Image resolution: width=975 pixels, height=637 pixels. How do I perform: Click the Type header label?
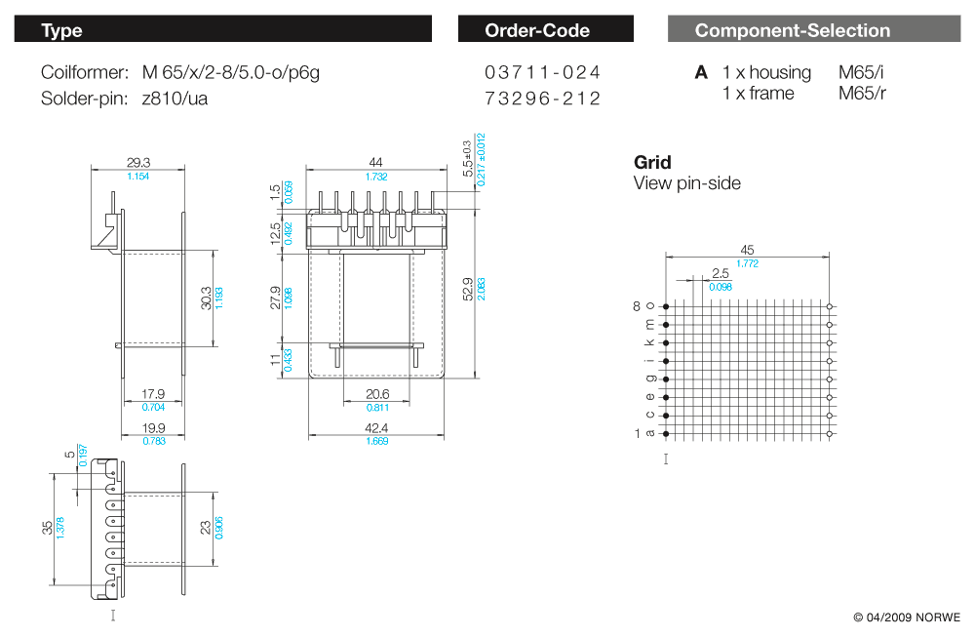61,30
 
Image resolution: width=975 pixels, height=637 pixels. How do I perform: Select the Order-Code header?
537,30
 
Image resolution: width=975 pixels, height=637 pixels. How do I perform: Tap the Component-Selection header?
792,30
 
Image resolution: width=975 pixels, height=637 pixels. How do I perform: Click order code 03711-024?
542,72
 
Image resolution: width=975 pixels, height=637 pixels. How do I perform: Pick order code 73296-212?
542,99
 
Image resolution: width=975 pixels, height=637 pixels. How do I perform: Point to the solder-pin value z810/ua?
175,99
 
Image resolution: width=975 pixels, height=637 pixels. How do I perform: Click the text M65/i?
861,72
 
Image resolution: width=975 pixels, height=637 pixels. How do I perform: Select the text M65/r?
862,94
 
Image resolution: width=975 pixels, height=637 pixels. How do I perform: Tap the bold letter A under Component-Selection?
701,73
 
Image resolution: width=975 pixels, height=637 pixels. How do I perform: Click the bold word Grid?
652,162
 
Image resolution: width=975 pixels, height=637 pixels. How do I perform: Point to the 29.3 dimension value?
138,163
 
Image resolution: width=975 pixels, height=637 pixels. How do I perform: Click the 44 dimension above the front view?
375,163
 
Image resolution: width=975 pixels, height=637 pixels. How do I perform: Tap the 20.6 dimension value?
376,395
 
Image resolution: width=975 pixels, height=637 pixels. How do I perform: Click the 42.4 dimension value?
375,428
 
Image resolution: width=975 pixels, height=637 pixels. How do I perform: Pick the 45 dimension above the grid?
748,250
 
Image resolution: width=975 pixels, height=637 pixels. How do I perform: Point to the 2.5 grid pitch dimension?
721,274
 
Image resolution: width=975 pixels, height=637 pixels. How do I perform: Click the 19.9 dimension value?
154,428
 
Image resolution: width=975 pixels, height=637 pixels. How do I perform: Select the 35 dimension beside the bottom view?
47,528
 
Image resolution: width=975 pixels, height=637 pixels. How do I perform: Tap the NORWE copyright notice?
907,617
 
